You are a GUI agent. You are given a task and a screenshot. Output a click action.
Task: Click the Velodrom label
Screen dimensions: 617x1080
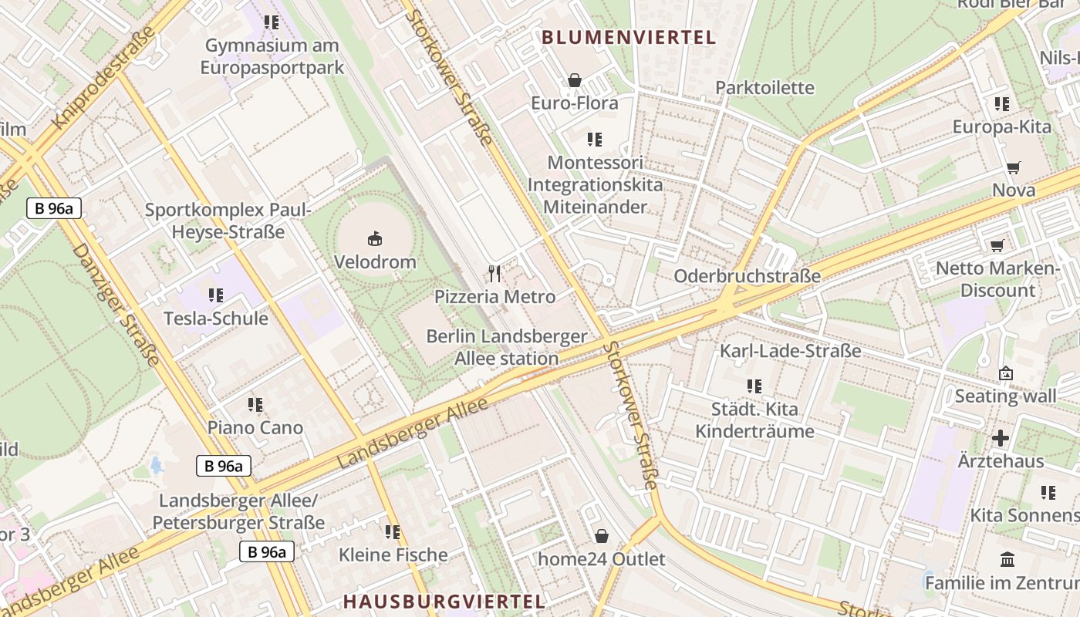pyautogui.click(x=375, y=262)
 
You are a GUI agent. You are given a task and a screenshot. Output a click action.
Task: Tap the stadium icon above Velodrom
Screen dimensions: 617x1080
pyautogui.click(x=375, y=238)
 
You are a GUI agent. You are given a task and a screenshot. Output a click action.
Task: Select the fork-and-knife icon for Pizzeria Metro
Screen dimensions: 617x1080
pyautogui.click(x=494, y=273)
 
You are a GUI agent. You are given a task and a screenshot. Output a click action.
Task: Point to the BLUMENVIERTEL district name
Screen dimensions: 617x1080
pyautogui.click(x=629, y=37)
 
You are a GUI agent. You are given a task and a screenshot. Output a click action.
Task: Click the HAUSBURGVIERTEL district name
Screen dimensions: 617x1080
pyautogui.click(x=444, y=602)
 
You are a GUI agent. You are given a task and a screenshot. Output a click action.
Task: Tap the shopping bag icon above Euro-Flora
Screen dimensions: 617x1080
pyautogui.click(x=575, y=80)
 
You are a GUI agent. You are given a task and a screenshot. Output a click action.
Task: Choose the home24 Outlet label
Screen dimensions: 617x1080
pyautogui.click(x=602, y=559)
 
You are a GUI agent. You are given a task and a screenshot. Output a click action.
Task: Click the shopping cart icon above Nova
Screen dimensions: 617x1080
pyautogui.click(x=1014, y=167)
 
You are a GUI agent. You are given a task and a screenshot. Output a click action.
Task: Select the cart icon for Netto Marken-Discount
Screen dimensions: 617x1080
pyautogui.click(x=997, y=246)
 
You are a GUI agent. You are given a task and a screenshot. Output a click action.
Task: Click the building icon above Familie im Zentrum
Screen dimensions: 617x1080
pyautogui.click(x=1007, y=559)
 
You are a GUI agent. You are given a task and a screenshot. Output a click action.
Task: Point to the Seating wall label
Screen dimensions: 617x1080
pyautogui.click(x=1006, y=396)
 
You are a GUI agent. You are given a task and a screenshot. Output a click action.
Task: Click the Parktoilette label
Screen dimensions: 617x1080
pyautogui.click(x=764, y=88)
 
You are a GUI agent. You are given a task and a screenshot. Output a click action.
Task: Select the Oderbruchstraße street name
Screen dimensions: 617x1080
pyautogui.click(x=748, y=276)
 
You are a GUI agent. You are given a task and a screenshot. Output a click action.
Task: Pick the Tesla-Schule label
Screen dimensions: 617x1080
pyautogui.click(x=216, y=319)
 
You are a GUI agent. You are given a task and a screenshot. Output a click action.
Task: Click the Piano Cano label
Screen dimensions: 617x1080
pyautogui.click(x=255, y=427)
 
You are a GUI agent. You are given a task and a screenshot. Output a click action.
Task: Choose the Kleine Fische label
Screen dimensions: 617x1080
pyautogui.click(x=393, y=555)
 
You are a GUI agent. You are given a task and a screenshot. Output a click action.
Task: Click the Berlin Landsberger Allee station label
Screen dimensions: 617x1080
pyautogui.click(x=507, y=348)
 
